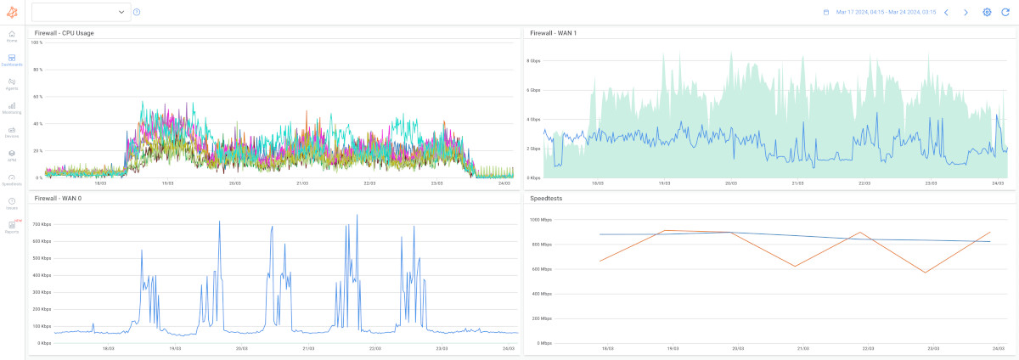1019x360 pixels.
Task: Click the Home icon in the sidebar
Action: tap(12, 36)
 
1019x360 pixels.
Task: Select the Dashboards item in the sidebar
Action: tap(12, 59)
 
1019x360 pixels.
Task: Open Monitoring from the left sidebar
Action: tap(12, 107)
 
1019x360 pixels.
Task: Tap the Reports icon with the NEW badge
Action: tap(12, 226)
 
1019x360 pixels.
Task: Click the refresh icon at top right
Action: tap(1005, 12)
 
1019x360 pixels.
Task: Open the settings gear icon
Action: tap(987, 12)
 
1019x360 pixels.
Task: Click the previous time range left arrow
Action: tap(947, 12)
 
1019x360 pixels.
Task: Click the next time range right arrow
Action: tap(966, 12)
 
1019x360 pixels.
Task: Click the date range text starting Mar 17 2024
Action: tap(886, 12)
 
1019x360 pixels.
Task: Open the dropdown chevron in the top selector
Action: tap(121, 12)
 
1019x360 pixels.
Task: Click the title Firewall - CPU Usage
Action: tap(64, 33)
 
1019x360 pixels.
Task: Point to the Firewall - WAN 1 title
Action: tap(553, 33)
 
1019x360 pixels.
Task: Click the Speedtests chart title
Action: tap(547, 198)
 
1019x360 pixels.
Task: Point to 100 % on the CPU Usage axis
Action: tap(37, 42)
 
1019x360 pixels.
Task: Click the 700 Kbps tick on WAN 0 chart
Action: tap(42, 224)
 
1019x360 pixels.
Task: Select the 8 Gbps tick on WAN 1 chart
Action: tap(534, 61)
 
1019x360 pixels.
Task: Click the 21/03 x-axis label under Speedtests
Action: tap(797, 348)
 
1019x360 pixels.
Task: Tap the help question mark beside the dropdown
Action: tap(137, 12)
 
